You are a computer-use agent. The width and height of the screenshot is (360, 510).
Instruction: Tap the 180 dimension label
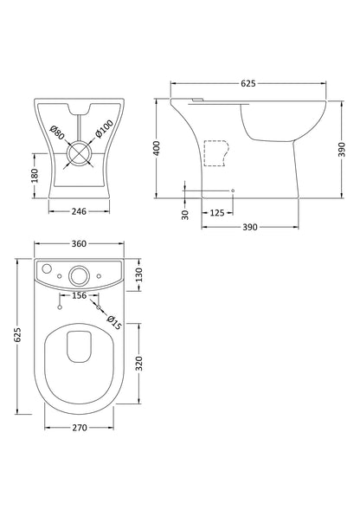35,174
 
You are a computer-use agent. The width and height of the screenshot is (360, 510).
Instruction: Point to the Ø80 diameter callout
58,135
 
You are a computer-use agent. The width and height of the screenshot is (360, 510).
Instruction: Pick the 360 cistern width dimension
78,245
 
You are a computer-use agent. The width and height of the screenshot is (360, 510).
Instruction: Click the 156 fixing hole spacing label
78,295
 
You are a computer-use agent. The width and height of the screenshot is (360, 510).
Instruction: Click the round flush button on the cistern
78,276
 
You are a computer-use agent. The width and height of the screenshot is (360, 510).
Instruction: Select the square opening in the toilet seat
79,343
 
